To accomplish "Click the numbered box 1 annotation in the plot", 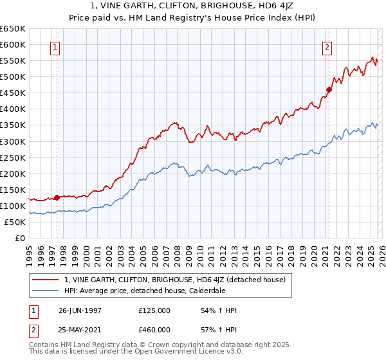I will [x=55, y=47].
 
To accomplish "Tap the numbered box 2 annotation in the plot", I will [x=327, y=47].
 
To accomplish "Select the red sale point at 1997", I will [x=57, y=197].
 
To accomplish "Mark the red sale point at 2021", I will [x=329, y=89].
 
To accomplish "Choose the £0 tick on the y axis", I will [x=21, y=238].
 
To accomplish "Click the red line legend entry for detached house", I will [x=179, y=279].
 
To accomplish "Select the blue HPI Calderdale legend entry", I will [x=152, y=291].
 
